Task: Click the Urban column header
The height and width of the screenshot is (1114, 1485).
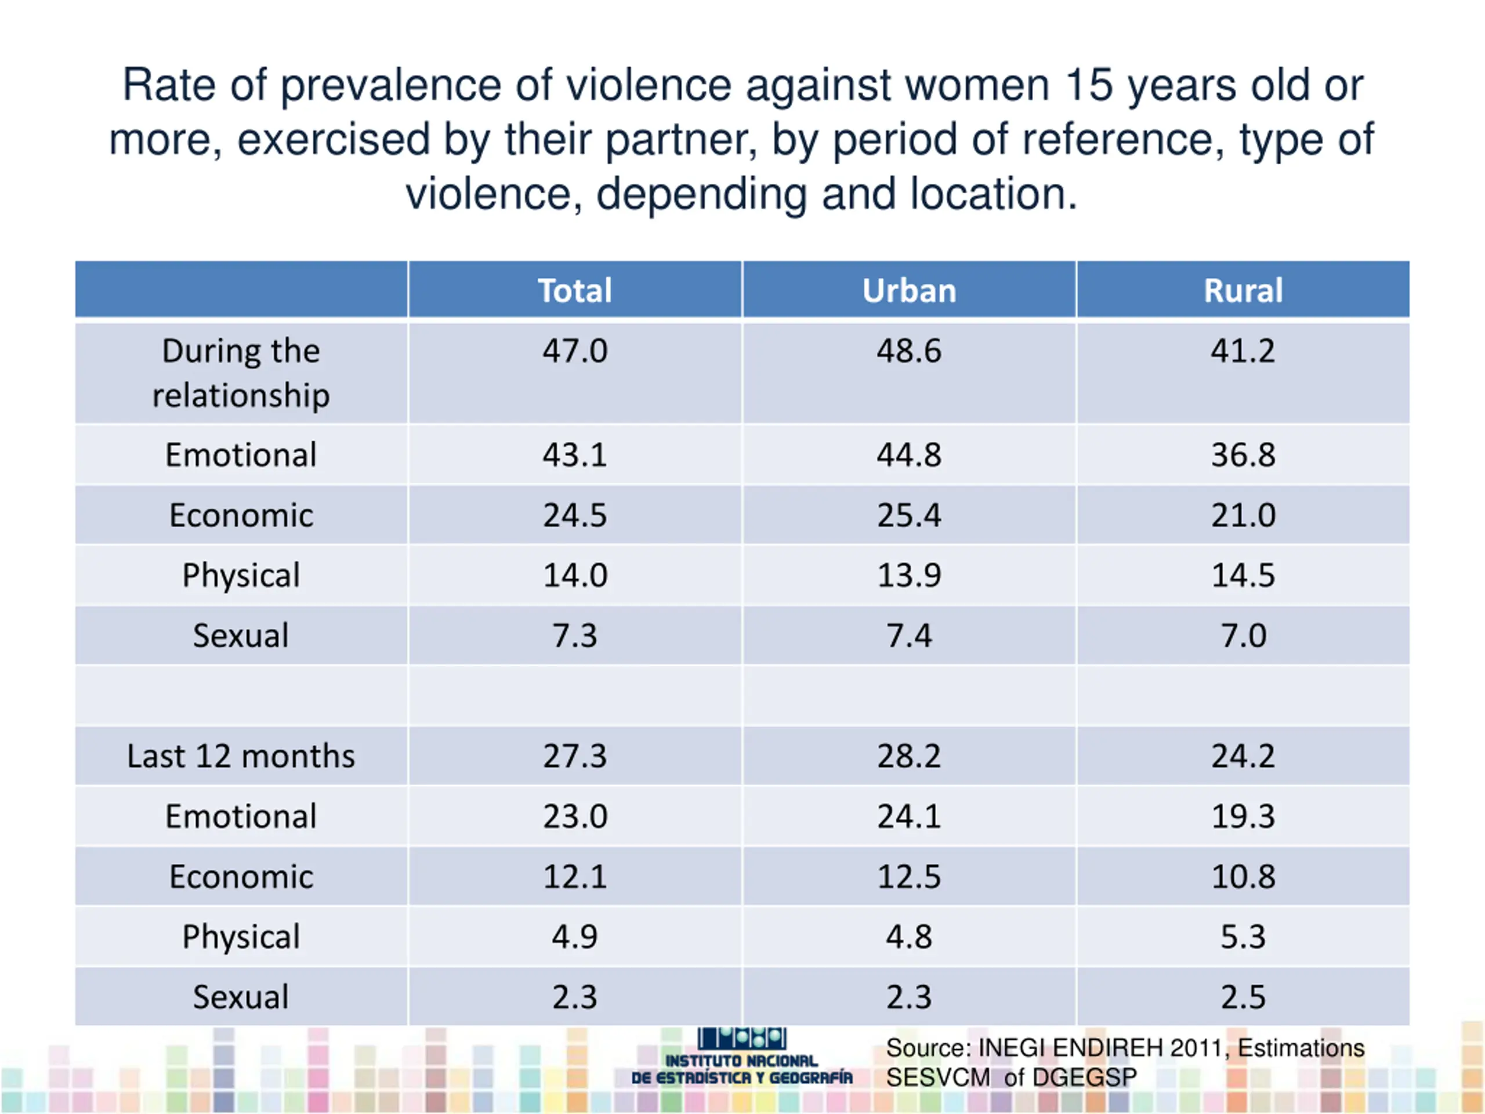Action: click(909, 291)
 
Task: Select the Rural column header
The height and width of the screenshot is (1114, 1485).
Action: click(1243, 291)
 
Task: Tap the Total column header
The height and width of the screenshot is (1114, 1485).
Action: click(575, 291)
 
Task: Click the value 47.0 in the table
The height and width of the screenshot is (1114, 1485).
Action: click(575, 351)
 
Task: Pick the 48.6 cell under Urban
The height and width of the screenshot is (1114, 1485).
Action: click(909, 351)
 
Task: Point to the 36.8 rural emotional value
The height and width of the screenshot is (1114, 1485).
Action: click(1243, 455)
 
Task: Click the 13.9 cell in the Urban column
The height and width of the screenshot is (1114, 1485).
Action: click(909, 576)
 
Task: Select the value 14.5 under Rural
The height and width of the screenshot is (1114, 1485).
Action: click(1243, 576)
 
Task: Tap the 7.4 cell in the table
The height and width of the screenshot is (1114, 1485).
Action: click(909, 636)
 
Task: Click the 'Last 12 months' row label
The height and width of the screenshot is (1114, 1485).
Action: click(241, 757)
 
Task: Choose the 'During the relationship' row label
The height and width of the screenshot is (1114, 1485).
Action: click(241, 372)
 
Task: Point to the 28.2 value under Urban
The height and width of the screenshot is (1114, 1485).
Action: click(909, 757)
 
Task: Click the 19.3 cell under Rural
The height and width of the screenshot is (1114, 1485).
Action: click(1243, 816)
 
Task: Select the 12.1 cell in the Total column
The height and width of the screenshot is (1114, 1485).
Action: click(575, 877)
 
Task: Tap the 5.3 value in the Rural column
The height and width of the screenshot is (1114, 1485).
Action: click(1243, 936)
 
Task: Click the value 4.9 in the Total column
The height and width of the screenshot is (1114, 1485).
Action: click(575, 936)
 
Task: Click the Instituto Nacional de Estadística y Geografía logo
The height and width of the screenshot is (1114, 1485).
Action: click(742, 1057)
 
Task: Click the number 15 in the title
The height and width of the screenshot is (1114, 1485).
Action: click(1088, 86)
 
